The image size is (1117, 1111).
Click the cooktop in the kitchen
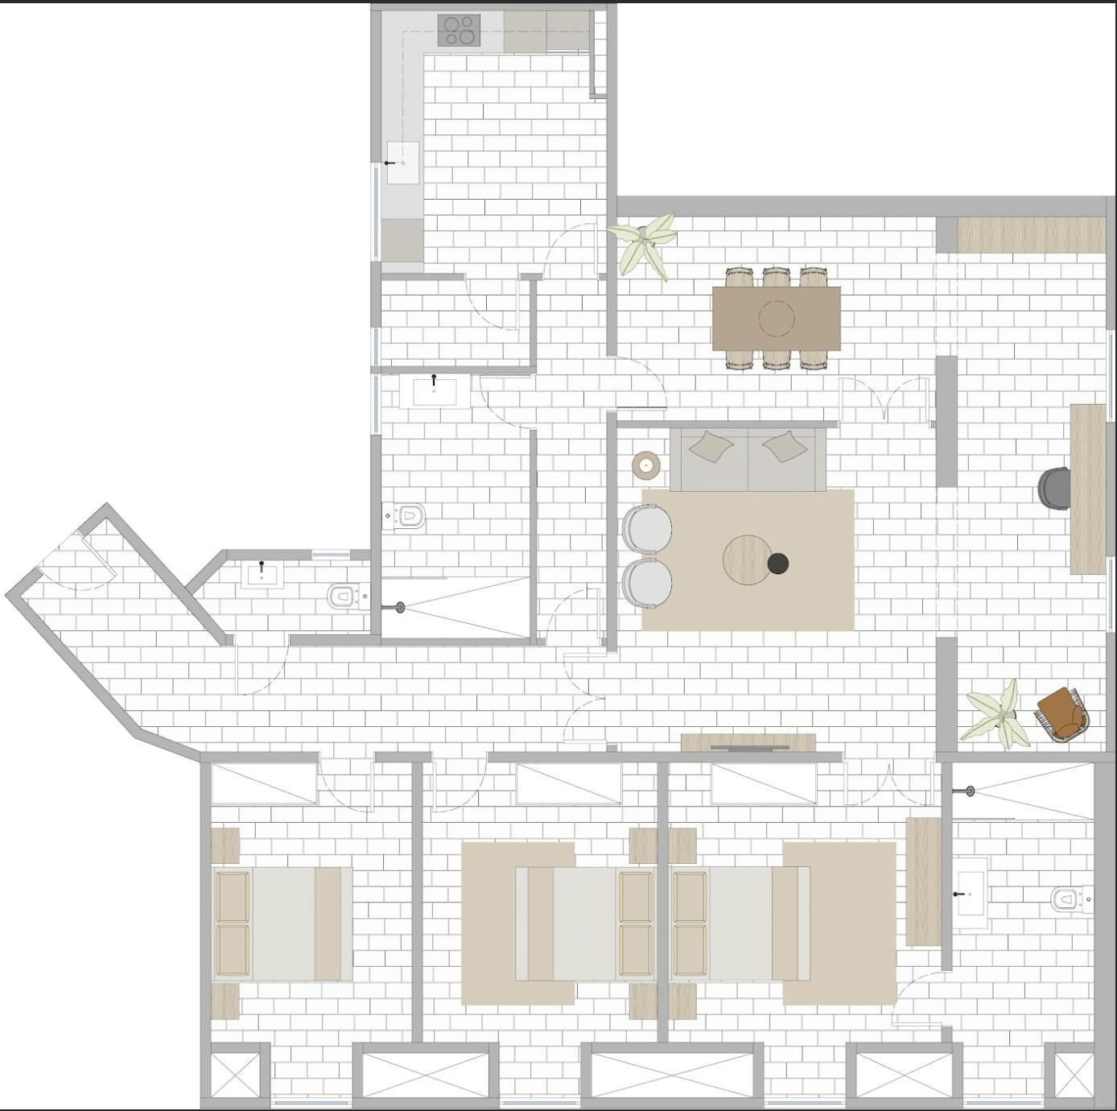click(459, 30)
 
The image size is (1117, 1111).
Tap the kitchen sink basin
click(403, 163)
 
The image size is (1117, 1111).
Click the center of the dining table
click(776, 318)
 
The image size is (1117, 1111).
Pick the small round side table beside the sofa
click(645, 465)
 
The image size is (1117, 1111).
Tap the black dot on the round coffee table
click(777, 564)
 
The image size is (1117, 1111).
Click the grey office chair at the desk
click(1054, 488)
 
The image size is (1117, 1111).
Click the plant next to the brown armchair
click(998, 712)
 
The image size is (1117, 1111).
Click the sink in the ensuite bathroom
click(971, 894)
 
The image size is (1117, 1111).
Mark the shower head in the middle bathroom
click(400, 608)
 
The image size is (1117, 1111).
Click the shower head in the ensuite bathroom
click(970, 791)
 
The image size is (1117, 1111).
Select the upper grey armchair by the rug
click(647, 528)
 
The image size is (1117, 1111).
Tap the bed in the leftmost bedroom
click(282, 923)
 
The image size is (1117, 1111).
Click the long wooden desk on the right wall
click(1087, 488)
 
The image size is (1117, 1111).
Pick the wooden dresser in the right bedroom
click(923, 882)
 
